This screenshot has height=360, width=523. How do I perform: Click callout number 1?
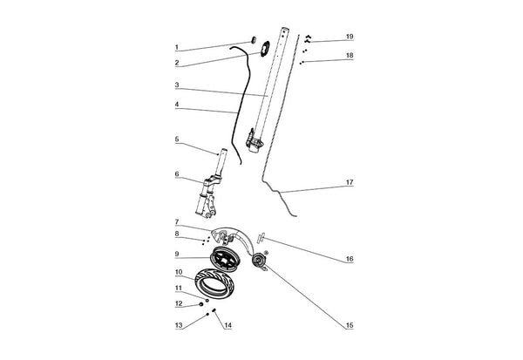tap(177, 47)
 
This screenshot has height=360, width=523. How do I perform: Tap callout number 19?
tap(350, 37)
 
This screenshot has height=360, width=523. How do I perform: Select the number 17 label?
tap(350, 182)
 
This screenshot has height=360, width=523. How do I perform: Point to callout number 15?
tap(350, 325)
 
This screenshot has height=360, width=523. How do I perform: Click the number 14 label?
tap(228, 325)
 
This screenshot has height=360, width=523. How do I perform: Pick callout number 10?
tap(179, 272)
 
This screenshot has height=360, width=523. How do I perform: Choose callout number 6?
tap(177, 174)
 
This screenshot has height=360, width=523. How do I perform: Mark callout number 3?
tap(177, 85)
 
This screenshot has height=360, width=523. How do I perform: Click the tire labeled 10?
tap(214, 283)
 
